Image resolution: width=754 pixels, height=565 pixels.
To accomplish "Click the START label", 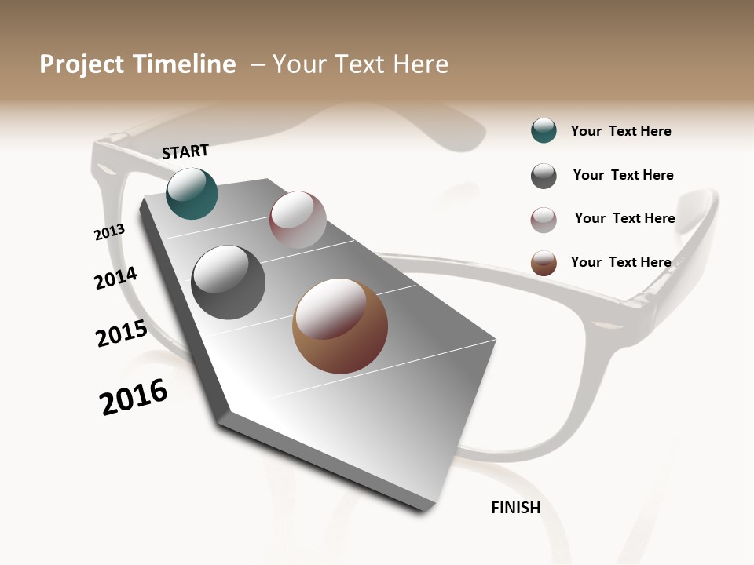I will pyautogui.click(x=185, y=151).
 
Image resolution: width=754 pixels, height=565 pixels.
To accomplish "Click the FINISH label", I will pyautogui.click(x=515, y=508).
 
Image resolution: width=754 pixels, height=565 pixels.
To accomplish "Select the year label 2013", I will pyautogui.click(x=109, y=232).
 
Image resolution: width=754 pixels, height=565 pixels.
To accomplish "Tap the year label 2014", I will pyautogui.click(x=115, y=278).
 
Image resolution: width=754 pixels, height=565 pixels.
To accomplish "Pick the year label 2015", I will pyautogui.click(x=122, y=334).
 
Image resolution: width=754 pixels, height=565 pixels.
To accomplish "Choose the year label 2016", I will pyautogui.click(x=134, y=397).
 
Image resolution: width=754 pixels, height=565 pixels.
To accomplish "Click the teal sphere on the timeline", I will pyautogui.click(x=192, y=193).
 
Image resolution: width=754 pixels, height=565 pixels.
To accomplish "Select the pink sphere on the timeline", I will pyautogui.click(x=298, y=220).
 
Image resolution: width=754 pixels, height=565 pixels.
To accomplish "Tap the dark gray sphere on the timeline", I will pyautogui.click(x=228, y=282).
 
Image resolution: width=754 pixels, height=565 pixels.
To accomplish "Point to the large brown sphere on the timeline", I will pyautogui.click(x=340, y=326).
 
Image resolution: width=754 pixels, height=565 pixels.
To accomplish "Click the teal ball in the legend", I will pyautogui.click(x=544, y=131).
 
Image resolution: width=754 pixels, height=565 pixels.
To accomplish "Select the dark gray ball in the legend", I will pyautogui.click(x=544, y=176).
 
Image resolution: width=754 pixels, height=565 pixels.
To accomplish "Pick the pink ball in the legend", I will pyautogui.click(x=544, y=220).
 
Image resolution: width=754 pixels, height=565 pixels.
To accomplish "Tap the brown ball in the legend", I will pyautogui.click(x=544, y=263).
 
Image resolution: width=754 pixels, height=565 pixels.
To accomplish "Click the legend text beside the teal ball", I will pyautogui.click(x=620, y=131).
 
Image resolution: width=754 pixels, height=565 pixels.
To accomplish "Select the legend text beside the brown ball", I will pyautogui.click(x=620, y=262).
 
